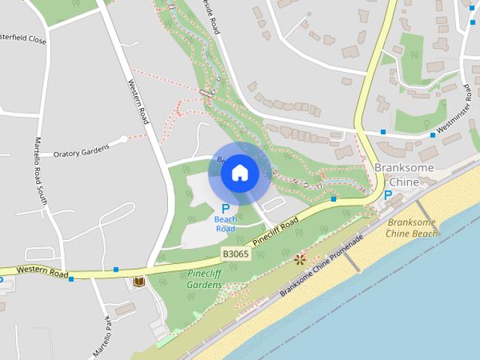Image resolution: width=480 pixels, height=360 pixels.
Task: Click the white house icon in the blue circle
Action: tap(239, 172)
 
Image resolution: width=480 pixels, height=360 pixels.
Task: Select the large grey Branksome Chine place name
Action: tap(403, 175)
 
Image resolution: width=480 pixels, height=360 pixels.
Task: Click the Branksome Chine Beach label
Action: tap(412, 228)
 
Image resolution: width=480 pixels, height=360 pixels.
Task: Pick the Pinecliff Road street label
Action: tap(276, 231)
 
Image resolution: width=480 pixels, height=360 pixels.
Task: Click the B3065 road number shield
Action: tap(235, 254)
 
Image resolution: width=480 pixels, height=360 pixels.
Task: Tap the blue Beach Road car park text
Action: tap(226, 223)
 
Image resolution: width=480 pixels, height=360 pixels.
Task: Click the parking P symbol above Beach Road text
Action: tap(225, 208)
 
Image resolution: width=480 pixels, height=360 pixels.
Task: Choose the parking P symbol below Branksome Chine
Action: tap(388, 195)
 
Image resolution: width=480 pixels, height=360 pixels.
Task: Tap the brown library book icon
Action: tap(138, 282)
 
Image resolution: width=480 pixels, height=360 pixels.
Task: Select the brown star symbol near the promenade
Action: tap(300, 259)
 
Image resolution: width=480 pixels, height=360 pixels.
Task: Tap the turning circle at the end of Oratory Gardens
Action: tap(124, 139)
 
